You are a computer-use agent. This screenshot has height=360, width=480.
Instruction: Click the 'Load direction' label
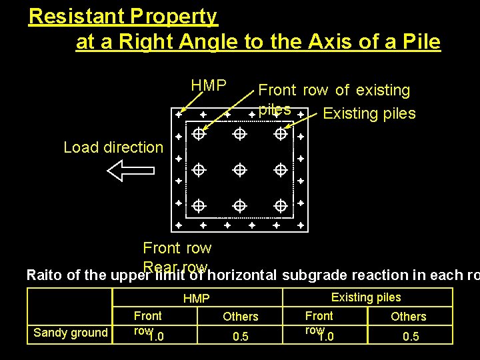pyautogui.click(x=113, y=147)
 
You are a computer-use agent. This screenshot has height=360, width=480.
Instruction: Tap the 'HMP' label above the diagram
pyautogui.click(x=209, y=86)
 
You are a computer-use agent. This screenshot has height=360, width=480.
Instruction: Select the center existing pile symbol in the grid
pyautogui.click(x=239, y=169)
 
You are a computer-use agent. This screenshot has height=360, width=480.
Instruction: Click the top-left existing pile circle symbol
pyautogui.click(x=198, y=134)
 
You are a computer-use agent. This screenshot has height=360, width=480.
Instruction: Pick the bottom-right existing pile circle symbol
pyautogui.click(x=281, y=205)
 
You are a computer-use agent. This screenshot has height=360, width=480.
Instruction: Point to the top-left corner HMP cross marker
pyautogui.click(x=178, y=114)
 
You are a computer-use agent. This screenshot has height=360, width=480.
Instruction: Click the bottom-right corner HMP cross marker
pyautogui.click(x=301, y=226)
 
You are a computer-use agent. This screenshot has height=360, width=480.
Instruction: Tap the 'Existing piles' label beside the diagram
pyautogui.click(x=369, y=113)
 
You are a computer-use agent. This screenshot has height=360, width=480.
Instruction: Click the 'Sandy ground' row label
pyautogui.click(x=71, y=333)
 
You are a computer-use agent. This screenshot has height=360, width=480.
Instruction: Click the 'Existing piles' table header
pyautogui.click(x=366, y=297)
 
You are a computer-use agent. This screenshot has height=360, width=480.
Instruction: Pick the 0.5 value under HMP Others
pyautogui.click(x=240, y=337)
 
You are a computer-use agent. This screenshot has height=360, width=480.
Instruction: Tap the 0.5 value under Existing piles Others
pyautogui.click(x=411, y=337)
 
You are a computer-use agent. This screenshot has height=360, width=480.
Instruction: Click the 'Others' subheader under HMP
pyautogui.click(x=240, y=317)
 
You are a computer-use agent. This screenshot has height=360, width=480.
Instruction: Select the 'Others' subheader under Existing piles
pyautogui.click(x=408, y=317)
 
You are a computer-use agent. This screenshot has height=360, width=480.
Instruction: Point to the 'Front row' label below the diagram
pyautogui.click(x=177, y=248)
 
